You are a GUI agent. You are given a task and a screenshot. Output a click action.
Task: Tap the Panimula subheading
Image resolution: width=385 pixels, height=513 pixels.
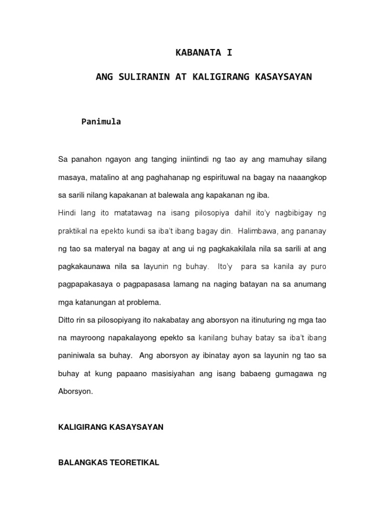(101, 122)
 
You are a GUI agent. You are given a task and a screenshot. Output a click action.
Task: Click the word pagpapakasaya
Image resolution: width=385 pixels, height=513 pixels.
(85, 285)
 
